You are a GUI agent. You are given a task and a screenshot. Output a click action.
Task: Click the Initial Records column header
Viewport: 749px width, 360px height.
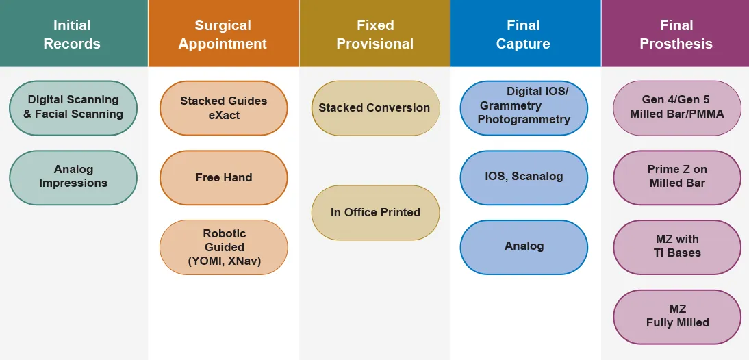(x=73, y=34)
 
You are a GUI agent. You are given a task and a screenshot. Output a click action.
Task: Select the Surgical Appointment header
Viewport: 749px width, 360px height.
(x=223, y=34)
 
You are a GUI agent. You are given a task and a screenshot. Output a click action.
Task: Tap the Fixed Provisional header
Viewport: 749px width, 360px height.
(x=374, y=34)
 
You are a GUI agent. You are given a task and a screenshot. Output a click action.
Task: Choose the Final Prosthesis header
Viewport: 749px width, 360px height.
(x=676, y=34)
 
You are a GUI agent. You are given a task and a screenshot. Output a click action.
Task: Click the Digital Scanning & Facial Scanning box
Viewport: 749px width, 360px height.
(x=73, y=107)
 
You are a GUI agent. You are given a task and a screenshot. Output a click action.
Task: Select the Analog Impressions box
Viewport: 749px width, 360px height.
(x=73, y=177)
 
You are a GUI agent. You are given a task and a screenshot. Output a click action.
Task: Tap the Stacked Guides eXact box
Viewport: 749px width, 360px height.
(x=224, y=108)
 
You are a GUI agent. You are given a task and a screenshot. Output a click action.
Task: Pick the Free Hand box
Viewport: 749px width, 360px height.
(x=224, y=177)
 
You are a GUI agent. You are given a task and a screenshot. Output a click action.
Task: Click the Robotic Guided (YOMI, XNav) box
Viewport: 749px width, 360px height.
(x=224, y=247)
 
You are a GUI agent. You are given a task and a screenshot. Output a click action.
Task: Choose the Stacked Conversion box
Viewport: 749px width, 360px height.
(x=375, y=108)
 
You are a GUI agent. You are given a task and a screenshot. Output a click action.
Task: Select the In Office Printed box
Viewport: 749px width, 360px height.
(x=375, y=212)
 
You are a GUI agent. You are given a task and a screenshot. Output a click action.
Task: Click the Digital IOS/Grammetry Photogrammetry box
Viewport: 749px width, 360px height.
(x=524, y=108)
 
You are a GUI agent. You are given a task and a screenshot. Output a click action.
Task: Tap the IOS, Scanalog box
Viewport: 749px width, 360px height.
(x=524, y=177)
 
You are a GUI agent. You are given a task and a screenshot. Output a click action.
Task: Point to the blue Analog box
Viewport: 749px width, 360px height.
(x=524, y=246)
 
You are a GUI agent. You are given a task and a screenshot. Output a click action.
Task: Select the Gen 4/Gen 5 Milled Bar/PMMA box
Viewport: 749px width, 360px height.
(x=677, y=108)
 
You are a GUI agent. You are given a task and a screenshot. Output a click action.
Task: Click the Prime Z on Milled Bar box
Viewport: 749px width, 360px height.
(x=677, y=177)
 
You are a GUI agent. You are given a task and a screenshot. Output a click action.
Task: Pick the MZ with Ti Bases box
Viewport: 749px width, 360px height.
(x=677, y=246)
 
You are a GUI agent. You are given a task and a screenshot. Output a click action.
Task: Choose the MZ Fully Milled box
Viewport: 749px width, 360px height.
(x=677, y=317)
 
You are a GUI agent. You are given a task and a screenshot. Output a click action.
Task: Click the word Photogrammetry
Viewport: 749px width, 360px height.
(x=524, y=120)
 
